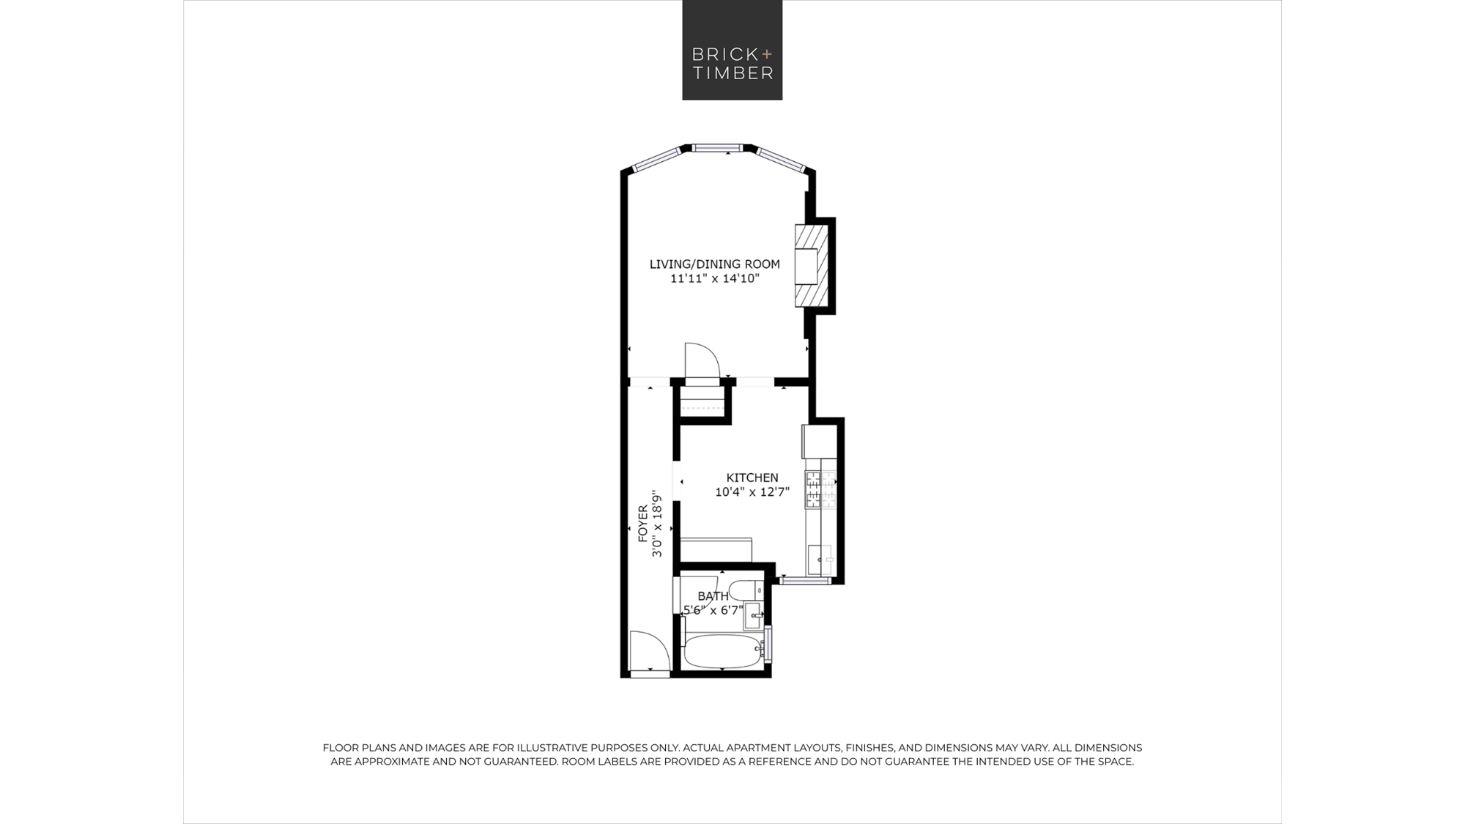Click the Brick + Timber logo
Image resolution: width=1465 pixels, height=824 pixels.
[732, 50]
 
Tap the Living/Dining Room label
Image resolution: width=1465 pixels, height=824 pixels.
[715, 264]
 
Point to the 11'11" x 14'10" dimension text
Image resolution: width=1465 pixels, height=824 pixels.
[715, 278]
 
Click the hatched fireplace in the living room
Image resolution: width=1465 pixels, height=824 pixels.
[812, 266]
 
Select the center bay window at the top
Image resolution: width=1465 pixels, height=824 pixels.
[718, 148]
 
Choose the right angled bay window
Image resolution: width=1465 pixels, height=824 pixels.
[781, 160]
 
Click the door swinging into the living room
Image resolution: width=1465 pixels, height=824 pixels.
[702, 362]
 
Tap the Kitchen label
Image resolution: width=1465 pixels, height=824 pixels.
[752, 478]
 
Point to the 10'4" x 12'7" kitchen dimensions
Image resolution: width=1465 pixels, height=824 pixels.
[752, 492]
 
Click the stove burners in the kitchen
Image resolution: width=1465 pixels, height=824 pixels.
[820, 490]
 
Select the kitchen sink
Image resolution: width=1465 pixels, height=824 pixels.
[820, 560]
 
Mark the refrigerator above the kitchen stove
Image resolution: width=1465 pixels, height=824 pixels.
[819, 441]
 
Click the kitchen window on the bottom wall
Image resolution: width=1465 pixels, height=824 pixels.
[805, 581]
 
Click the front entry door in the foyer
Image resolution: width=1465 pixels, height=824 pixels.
[650, 651]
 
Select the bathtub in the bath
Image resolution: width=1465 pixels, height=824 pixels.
[722, 651]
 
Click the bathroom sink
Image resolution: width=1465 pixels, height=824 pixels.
[754, 616]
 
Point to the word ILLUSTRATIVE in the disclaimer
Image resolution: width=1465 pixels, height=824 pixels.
[562, 748]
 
